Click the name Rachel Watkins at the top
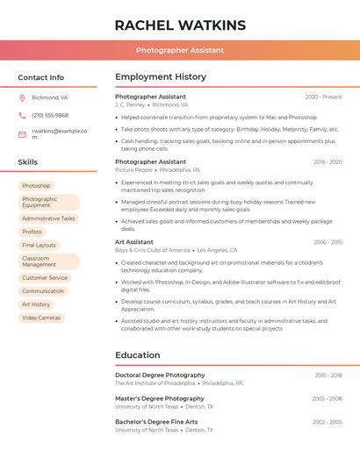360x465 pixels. [180, 25]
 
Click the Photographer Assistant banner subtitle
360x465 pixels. [180, 51]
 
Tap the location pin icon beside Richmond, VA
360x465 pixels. [22, 97]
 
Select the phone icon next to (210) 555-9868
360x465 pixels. [22, 115]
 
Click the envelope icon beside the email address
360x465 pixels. [22, 134]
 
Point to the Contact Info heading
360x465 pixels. [41, 77]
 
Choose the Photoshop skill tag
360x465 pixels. [36, 186]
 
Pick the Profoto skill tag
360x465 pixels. [32, 232]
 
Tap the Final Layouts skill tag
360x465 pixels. [39, 245]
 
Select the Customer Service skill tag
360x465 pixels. [45, 278]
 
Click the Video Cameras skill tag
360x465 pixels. [41, 318]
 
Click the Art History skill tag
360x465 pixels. [36, 304]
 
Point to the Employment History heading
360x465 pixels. [161, 77]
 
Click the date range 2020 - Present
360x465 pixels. [323, 97]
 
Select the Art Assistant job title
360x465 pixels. [134, 241]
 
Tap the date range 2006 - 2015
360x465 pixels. [327, 241]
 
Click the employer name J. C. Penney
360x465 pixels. [130, 104]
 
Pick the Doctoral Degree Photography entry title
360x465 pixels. [160, 375]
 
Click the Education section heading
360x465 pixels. [137, 355]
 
